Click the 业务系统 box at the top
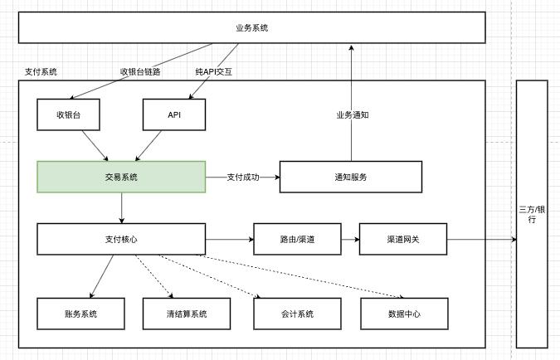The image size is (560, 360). tap(251, 28)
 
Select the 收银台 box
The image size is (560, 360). tap(69, 114)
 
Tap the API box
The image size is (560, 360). tap(174, 114)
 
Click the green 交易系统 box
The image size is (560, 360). tap(121, 177)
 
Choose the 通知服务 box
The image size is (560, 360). tap(350, 177)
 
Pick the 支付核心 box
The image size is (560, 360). tap(121, 239)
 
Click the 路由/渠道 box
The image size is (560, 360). tap(296, 239)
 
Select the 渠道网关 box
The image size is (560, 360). tap(403, 239)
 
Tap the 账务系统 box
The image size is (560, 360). tap(80, 314)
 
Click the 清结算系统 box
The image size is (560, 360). tap(186, 314)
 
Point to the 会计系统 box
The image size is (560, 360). tap(296, 314)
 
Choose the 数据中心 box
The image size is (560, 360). tap(404, 314)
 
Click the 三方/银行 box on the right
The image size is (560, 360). tap(532, 214)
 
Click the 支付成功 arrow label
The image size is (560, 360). tap(243, 177)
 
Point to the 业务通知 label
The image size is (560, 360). tap(352, 114)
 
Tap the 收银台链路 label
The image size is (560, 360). tap(140, 71)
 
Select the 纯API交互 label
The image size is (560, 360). tap(213, 71)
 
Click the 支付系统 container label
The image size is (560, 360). tap(41, 72)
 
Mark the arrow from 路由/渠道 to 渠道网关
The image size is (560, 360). tap(349, 239)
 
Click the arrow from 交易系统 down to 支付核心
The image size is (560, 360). tap(122, 207)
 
